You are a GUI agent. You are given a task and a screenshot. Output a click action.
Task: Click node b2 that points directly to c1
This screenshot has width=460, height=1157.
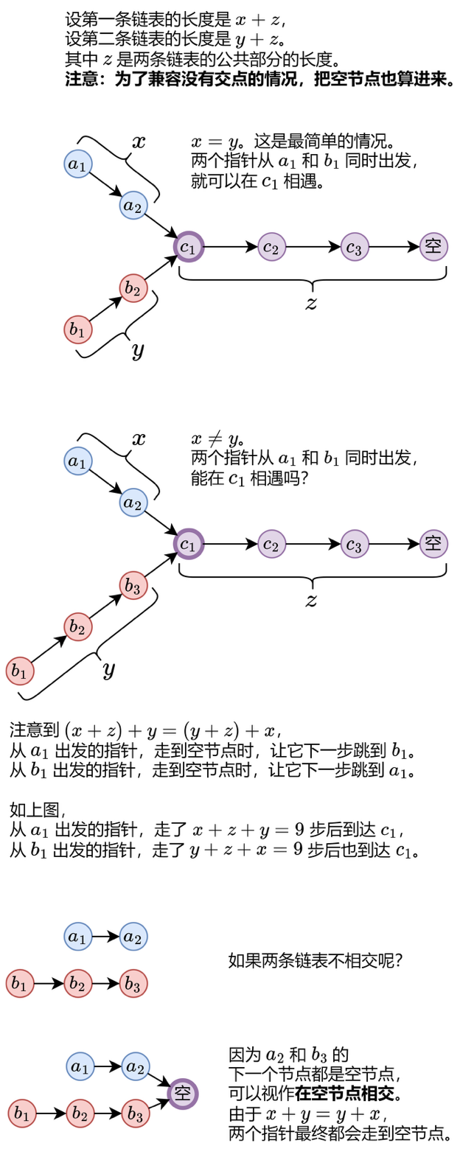133,288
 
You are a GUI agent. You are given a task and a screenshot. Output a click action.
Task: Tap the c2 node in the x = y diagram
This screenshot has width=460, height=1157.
271,247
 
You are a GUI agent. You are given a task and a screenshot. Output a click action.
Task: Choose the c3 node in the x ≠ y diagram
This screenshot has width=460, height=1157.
355,545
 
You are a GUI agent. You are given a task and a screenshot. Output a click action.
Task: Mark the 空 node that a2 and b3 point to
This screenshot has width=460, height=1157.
182,1093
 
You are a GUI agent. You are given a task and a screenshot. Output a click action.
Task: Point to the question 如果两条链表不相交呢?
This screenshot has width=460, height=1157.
316,960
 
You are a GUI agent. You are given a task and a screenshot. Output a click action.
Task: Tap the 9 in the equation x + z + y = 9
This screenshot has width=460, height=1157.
299,830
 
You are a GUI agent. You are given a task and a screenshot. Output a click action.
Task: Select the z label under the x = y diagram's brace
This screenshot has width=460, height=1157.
311,303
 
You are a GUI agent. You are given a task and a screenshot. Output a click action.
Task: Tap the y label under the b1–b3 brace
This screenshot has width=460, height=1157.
108,670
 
